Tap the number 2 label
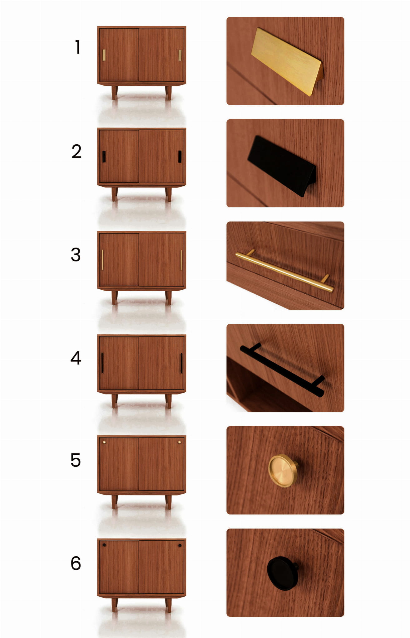point(77,152)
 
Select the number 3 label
point(76,254)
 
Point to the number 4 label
point(76,358)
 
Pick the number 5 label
point(76,460)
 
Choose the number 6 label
point(76,563)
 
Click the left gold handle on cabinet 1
point(104,55)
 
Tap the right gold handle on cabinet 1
point(180,55)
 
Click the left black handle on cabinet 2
point(104,157)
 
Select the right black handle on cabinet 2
point(180,157)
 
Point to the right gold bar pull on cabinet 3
point(181,260)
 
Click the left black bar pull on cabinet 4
point(102,363)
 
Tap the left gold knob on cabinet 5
point(104,442)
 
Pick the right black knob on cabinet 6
point(180,545)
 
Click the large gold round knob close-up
point(283,471)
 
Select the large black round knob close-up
point(283,573)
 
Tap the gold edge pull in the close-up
point(287,61)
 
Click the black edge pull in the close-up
point(282,166)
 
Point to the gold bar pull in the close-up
point(284,271)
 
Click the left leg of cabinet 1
point(115,93)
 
